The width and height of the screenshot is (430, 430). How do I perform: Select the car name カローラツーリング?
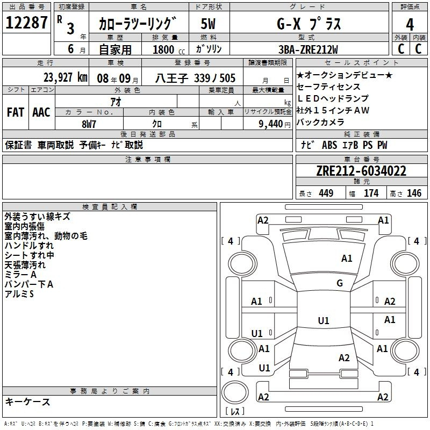(x=138, y=24)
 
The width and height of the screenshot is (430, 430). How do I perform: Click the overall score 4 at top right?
(x=410, y=24)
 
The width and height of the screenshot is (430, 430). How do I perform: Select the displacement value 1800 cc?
(x=165, y=49)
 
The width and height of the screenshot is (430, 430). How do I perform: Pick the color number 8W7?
(x=89, y=123)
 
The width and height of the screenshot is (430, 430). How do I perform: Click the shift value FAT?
(x=16, y=112)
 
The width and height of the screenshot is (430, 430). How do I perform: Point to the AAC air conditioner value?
(x=41, y=112)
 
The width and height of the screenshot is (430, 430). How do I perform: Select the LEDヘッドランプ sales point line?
(x=333, y=98)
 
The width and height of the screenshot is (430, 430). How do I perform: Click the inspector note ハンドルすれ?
(x=29, y=245)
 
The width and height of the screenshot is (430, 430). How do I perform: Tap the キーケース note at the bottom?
(x=27, y=402)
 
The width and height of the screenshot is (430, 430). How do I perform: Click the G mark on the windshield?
(x=340, y=283)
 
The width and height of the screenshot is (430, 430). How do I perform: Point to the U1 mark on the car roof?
(x=324, y=321)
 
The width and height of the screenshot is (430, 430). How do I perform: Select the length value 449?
(x=325, y=193)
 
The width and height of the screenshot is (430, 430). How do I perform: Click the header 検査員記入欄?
(x=110, y=207)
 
